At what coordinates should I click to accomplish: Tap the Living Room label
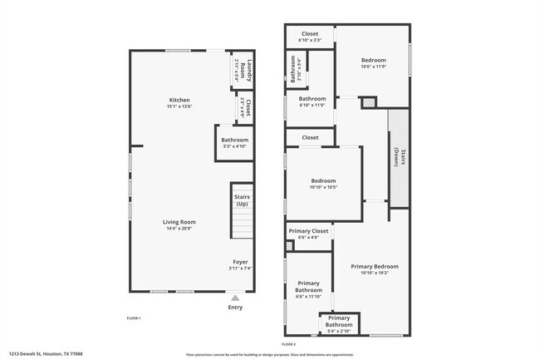(x=179, y=222)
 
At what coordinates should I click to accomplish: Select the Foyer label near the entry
(x=240, y=262)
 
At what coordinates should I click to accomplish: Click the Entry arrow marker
(x=235, y=297)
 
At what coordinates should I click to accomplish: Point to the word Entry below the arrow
(x=235, y=308)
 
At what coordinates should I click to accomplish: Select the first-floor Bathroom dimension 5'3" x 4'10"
(x=234, y=146)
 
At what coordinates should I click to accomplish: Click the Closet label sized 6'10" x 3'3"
(x=310, y=34)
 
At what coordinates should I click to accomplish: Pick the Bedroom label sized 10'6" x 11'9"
(x=373, y=60)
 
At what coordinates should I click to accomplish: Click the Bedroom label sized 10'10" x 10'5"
(x=323, y=180)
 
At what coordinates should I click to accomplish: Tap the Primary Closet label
(x=308, y=231)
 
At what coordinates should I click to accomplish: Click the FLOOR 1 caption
(x=133, y=318)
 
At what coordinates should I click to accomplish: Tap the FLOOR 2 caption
(x=288, y=343)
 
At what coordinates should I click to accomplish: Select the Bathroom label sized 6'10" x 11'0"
(x=312, y=99)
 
